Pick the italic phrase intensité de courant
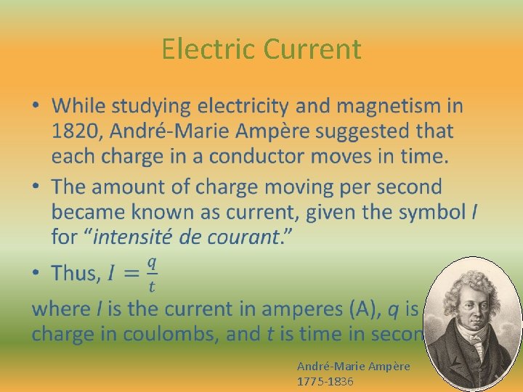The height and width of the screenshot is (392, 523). point(186,237)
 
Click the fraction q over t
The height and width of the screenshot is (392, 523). point(152,274)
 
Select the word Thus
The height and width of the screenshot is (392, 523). point(76,274)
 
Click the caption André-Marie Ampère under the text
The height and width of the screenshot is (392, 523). point(353,367)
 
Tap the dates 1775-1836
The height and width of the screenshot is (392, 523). point(325,380)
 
